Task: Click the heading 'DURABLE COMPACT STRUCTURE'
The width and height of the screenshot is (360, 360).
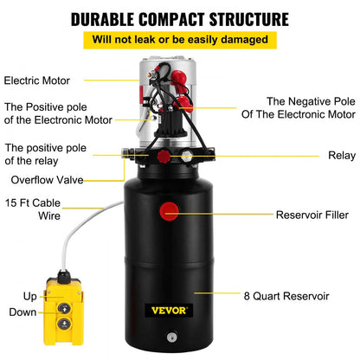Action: (180, 18)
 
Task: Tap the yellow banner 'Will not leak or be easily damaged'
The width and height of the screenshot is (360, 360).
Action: (180, 39)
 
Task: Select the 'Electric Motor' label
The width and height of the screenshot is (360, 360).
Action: (38, 81)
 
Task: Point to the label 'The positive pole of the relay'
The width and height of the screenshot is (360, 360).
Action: (48, 153)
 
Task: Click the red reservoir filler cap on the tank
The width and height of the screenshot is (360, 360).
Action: (168, 210)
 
